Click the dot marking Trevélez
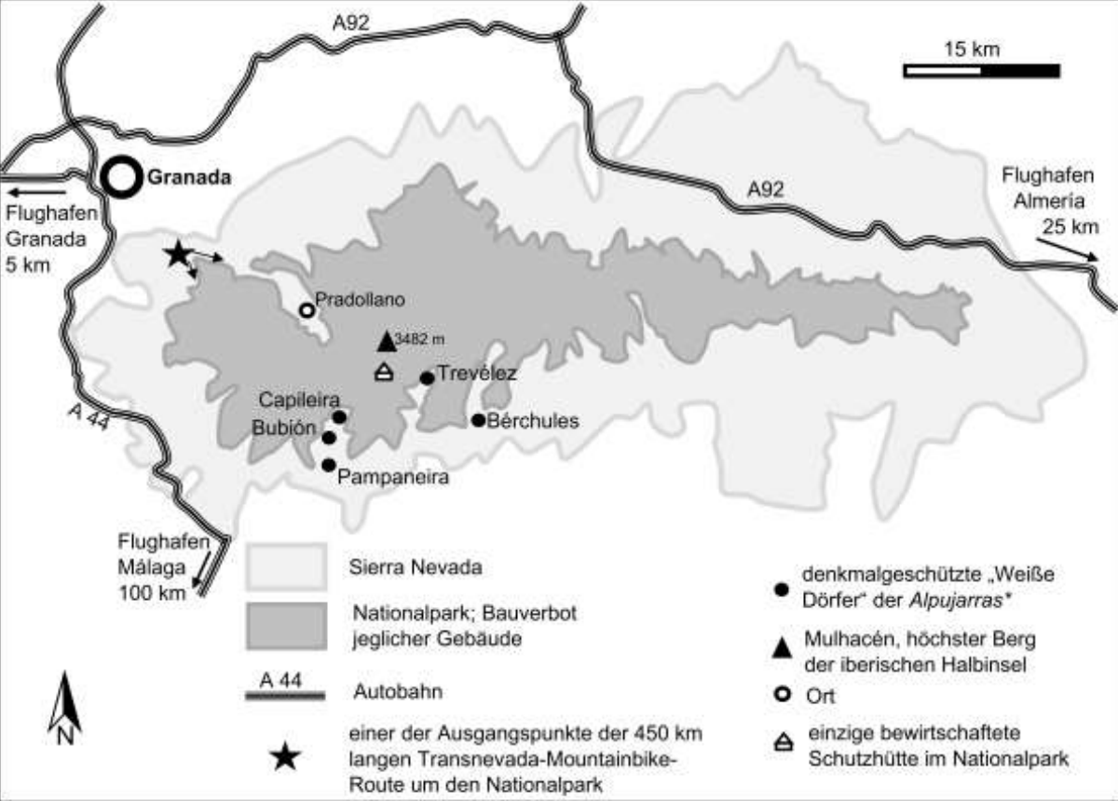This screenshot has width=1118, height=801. [x=427, y=378]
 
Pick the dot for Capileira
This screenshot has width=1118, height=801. [x=339, y=417]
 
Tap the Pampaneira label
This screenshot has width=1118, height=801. [x=394, y=478]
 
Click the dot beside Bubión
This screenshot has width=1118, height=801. [x=328, y=437]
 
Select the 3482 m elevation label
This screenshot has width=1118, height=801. [x=419, y=338]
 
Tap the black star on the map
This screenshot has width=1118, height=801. [x=177, y=254]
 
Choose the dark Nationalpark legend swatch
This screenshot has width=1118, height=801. [x=286, y=625]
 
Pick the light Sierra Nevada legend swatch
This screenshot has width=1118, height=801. [x=286, y=566]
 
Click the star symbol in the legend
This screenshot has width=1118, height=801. [x=285, y=758]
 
